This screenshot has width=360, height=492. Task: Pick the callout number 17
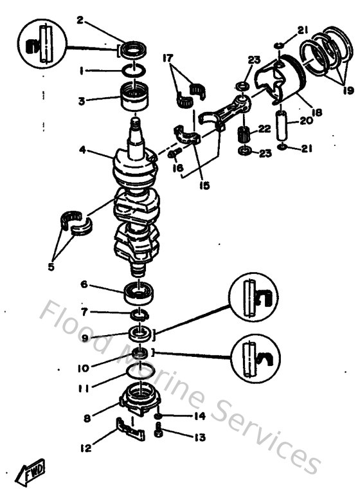point(170,58)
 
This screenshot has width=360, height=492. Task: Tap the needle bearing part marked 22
point(244,136)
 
